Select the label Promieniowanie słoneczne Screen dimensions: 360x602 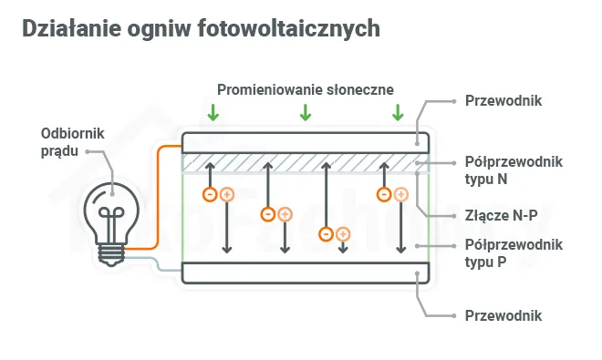[305, 89]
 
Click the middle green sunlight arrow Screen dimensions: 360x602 [306, 112]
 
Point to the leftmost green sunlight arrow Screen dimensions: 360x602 [213, 112]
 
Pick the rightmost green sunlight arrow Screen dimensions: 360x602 [398, 112]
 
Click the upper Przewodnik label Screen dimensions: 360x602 [503, 100]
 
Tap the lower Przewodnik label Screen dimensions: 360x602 [503, 316]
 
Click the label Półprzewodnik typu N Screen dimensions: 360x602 [513, 170]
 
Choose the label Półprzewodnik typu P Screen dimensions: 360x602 [513, 252]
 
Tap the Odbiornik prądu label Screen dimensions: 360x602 [73, 141]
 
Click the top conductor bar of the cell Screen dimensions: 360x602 [305, 141]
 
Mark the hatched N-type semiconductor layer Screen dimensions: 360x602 [305, 162]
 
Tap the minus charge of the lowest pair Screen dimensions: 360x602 [326, 234]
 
